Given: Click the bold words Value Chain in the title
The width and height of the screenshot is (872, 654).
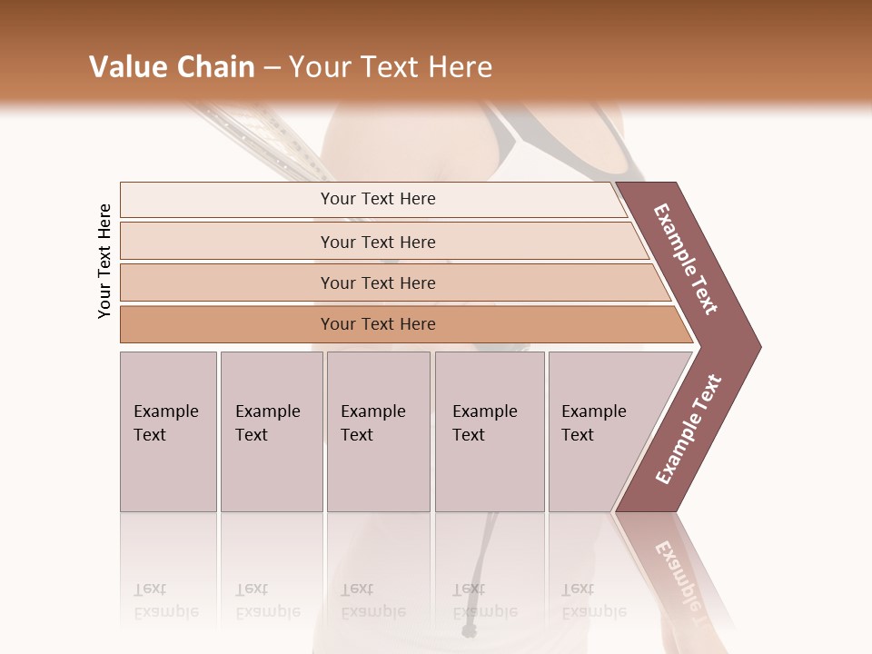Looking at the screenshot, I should pos(172,67).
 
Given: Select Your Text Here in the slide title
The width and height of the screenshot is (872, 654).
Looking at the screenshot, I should pos(391,67).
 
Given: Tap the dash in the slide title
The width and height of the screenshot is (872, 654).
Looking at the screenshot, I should pos(272,68).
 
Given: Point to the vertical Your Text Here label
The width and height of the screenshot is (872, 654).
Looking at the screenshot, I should pos(104,261).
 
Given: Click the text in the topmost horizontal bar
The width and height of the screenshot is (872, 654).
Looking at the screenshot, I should pos(378,199).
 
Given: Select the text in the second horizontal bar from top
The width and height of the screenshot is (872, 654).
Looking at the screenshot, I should pos(378,243).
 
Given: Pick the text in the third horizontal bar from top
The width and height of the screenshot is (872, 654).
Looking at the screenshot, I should pos(378,283).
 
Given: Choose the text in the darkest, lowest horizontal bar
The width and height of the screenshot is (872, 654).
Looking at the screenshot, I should pos(378,324).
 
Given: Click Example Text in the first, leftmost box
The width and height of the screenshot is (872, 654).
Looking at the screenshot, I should pos(165,423).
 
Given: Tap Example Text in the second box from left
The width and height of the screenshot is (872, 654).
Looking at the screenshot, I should pos(267,423).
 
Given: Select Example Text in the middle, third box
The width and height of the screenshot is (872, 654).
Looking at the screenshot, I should pos(372,423).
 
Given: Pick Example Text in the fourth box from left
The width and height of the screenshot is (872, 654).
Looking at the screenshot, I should pos(484,423).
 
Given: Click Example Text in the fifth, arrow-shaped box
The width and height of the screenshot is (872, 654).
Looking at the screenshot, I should pos(593,423).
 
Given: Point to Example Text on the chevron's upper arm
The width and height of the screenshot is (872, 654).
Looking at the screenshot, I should pos(686,259).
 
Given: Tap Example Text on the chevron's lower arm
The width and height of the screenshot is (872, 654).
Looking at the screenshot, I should pos(689,430).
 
